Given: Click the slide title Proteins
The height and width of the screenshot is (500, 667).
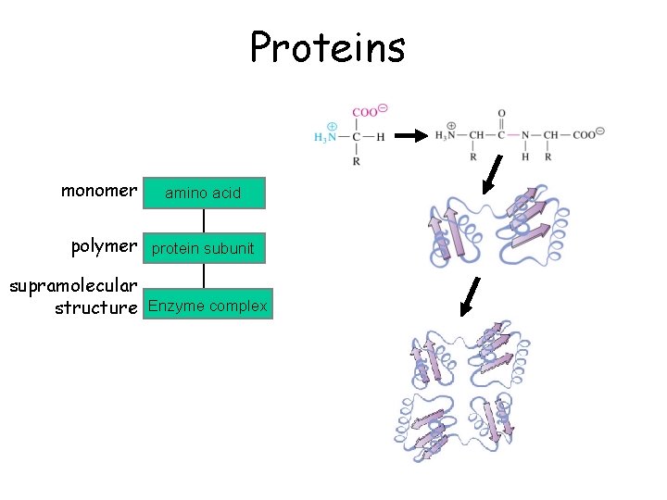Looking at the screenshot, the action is (327, 46).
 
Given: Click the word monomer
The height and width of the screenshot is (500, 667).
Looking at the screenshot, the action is (99, 192).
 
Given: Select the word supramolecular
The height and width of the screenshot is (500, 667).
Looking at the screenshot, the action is (74, 286).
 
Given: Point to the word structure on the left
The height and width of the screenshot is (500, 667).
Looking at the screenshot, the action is (95, 307).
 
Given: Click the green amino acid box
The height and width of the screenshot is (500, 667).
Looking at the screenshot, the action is (204, 193).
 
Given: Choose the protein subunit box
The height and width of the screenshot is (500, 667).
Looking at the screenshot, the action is (204, 248).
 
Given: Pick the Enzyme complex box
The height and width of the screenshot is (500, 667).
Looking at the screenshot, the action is (208, 305).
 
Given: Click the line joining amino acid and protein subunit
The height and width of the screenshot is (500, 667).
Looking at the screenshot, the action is (204, 220).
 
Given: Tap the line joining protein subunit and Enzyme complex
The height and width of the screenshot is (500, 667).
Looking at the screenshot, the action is (204, 276).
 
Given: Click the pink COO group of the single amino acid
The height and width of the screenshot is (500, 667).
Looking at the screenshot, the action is (367, 112).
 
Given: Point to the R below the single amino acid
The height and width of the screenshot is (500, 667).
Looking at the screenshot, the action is (357, 161).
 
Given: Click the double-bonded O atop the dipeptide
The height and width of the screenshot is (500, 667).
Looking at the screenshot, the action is (501, 114).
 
